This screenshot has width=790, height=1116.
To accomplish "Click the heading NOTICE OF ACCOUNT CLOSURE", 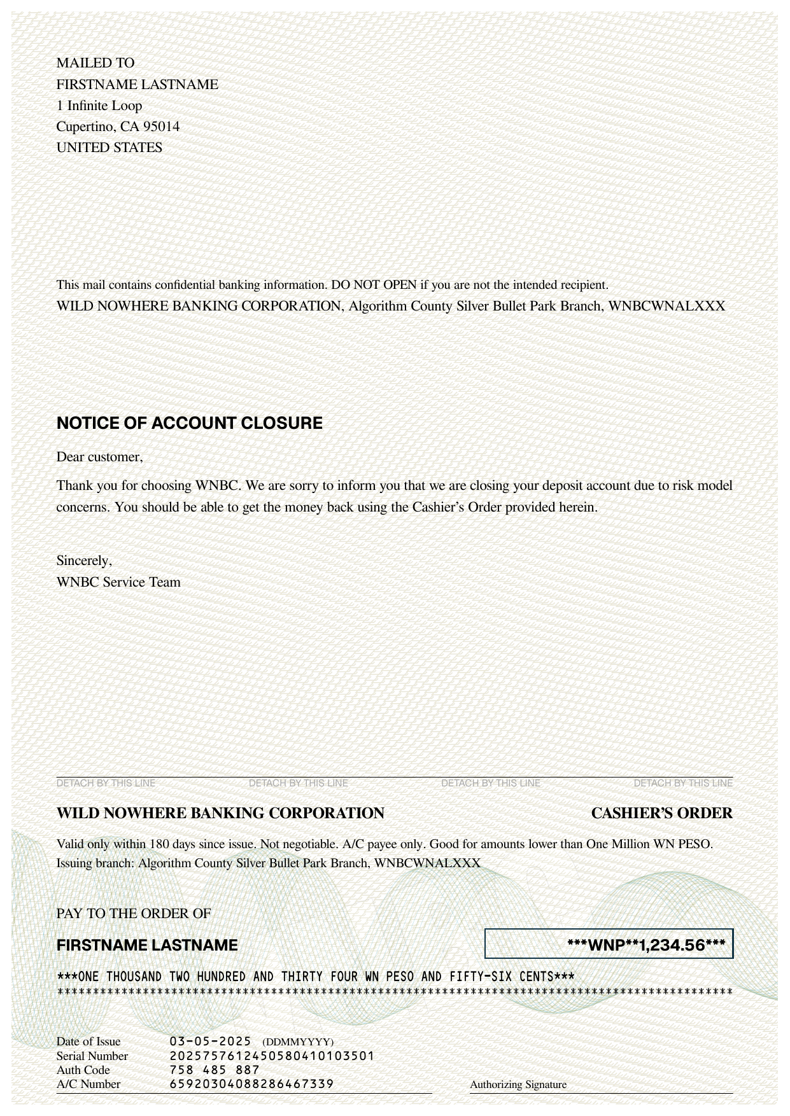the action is point(189,423).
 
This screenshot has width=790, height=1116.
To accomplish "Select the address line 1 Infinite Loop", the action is point(99,106).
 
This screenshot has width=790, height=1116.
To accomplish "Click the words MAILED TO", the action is point(95,63).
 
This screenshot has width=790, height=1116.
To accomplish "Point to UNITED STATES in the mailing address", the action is point(109,148).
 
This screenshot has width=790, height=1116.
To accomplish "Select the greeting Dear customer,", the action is point(100,457).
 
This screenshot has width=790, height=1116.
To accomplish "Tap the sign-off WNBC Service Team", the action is point(118,582).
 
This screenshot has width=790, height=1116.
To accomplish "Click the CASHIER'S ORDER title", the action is point(661,813).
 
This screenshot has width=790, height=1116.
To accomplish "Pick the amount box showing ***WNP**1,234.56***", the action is point(609,944).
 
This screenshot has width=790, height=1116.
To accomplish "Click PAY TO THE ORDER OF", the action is point(134,914).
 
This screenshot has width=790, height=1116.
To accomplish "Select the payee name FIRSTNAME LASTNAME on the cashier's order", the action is point(147,945).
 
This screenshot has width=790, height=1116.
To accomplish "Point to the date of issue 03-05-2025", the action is point(210,1042).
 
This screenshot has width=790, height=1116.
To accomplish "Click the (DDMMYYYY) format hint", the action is point(298,1042).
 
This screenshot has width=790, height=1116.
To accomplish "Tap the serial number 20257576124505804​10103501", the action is point(272,1056).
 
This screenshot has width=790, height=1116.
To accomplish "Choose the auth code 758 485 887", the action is point(215,1070).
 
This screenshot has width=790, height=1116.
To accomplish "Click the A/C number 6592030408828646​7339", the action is point(251,1084).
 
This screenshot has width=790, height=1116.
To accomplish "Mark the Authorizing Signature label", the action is point(518,1085).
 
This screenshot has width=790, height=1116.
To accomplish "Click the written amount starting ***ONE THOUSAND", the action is point(316,977).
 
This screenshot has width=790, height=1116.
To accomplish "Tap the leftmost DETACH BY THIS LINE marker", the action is point(106,783).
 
